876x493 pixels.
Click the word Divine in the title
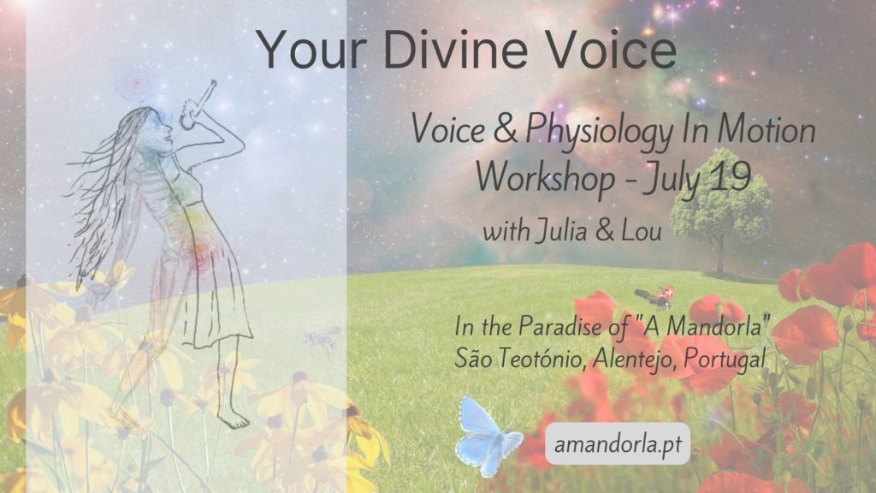(x=455, y=49)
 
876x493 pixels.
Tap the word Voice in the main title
(x=610, y=49)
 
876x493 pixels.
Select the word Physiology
(x=599, y=132)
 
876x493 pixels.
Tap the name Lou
(x=642, y=231)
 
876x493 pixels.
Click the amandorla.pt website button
(x=618, y=444)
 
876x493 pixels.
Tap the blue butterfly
(x=485, y=437)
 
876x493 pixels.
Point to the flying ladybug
(x=658, y=296)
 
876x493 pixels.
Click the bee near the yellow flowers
(x=323, y=338)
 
